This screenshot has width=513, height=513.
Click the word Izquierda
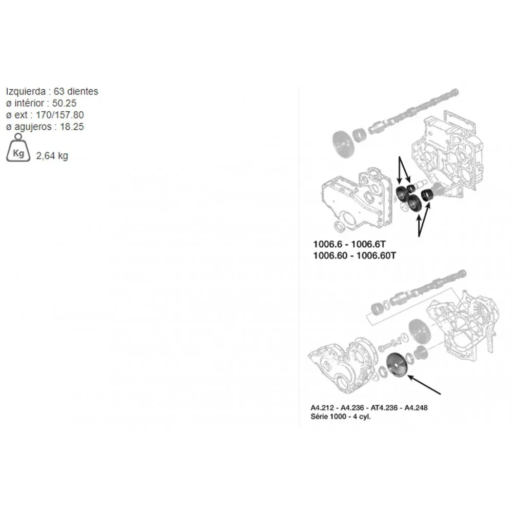[x=26, y=91]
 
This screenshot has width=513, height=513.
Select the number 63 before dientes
[x=59, y=91]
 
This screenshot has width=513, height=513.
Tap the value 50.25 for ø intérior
[x=64, y=103]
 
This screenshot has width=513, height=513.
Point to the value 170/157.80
[x=60, y=115]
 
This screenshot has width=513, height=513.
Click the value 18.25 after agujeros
[x=72, y=127]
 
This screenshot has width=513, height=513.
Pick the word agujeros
[x=33, y=127]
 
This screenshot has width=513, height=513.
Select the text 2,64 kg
[x=52, y=156]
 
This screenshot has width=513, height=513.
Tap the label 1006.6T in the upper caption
[x=368, y=244]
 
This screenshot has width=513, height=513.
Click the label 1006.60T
[x=376, y=255]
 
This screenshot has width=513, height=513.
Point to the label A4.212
[x=322, y=408]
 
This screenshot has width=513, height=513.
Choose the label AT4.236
[x=384, y=408]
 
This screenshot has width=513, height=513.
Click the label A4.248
[x=416, y=408]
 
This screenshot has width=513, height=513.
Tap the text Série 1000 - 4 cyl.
[x=341, y=417]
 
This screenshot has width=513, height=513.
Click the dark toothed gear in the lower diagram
[x=397, y=365]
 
